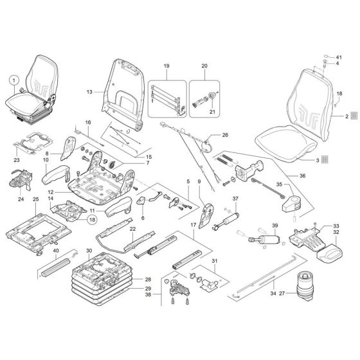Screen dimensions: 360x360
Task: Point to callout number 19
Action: click(x=166, y=67)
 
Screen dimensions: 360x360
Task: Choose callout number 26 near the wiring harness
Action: click(x=225, y=135)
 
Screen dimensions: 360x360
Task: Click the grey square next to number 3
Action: click(x=325, y=158)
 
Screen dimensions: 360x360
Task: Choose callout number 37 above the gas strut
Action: click(x=235, y=198)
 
